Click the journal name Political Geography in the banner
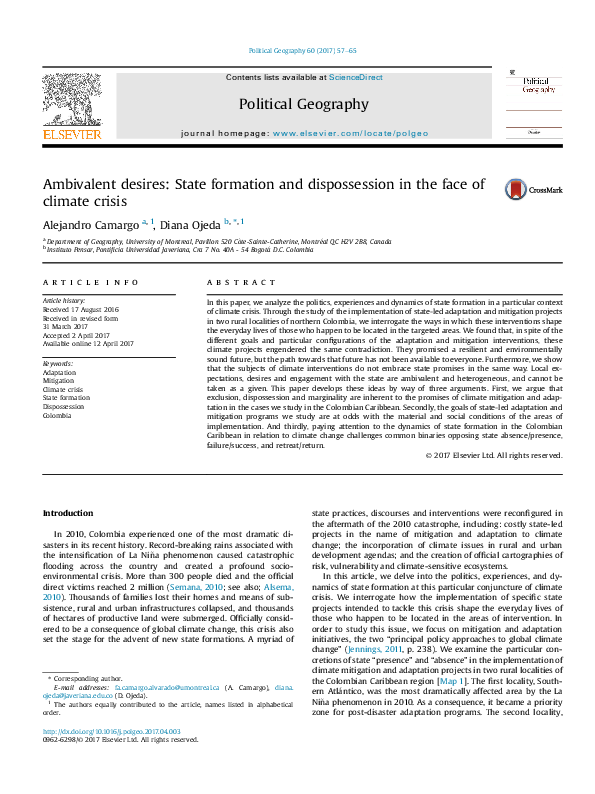(303, 104)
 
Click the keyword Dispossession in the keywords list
(64, 407)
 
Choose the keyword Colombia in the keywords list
(57, 416)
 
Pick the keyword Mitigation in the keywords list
(58, 380)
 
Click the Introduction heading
(67, 513)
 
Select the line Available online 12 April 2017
(87, 343)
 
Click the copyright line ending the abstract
(494, 455)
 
